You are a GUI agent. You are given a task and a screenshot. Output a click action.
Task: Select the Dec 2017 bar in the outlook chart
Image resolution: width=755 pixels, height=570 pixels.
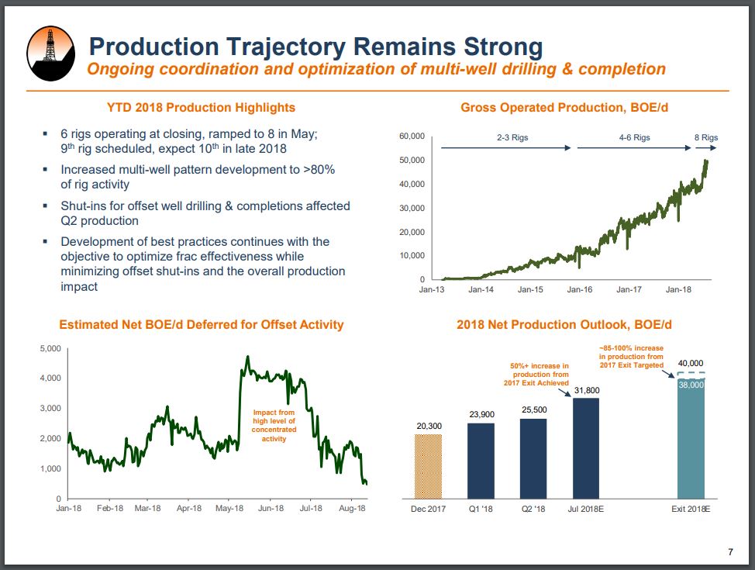(428, 466)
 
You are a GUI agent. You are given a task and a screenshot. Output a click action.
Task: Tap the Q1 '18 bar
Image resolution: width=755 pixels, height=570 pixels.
(481, 460)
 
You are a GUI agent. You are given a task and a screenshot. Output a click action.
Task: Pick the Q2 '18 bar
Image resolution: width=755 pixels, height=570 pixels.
(533, 458)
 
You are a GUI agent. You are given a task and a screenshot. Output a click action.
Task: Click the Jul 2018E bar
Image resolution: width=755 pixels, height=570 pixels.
(586, 447)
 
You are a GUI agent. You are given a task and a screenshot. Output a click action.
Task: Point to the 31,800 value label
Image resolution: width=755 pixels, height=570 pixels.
(586, 390)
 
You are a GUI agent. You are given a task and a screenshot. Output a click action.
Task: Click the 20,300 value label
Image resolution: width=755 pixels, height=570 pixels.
(428, 426)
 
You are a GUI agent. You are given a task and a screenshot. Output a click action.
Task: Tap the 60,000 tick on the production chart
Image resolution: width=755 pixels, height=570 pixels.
(412, 136)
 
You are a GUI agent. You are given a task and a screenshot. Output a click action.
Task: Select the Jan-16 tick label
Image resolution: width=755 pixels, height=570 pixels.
(579, 290)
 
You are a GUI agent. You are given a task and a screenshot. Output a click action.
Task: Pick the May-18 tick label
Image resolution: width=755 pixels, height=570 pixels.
(229, 509)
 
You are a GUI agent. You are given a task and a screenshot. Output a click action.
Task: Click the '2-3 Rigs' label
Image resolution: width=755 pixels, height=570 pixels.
(513, 138)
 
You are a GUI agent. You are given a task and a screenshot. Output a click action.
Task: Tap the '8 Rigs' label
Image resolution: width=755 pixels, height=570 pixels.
(705, 138)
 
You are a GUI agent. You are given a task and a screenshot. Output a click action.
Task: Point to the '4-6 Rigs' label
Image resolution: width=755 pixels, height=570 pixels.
(634, 138)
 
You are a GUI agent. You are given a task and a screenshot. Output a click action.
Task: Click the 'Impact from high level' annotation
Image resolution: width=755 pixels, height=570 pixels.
(269, 426)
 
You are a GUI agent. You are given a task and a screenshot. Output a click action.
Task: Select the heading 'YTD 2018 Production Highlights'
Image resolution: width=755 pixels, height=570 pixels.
(201, 107)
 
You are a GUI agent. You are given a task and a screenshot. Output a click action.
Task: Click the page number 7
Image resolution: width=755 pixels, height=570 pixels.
(729, 552)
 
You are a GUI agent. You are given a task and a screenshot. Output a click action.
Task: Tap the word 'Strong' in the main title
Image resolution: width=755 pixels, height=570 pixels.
(491, 46)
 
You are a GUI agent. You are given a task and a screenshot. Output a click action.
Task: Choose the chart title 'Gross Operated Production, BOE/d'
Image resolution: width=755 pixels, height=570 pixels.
(564, 107)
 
